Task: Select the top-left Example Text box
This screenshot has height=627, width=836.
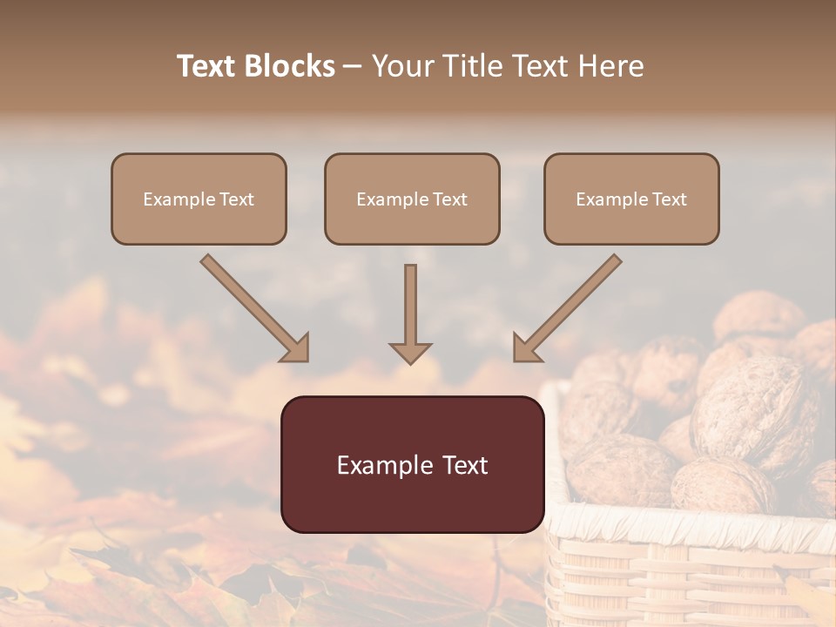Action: [199, 199]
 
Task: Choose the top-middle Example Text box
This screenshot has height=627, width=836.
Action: [412, 199]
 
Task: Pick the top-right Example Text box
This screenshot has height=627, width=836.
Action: [631, 199]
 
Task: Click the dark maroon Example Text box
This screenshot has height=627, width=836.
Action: [412, 464]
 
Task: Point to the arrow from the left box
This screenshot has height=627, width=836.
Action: [253, 307]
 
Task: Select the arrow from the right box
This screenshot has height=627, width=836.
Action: [570, 307]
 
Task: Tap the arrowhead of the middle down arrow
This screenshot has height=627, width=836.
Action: [410, 353]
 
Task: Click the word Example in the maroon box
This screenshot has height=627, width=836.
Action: [380, 465]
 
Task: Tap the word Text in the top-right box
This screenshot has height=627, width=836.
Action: [668, 199]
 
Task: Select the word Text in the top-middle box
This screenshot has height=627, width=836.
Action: [448, 199]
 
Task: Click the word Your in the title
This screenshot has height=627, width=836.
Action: [400, 66]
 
